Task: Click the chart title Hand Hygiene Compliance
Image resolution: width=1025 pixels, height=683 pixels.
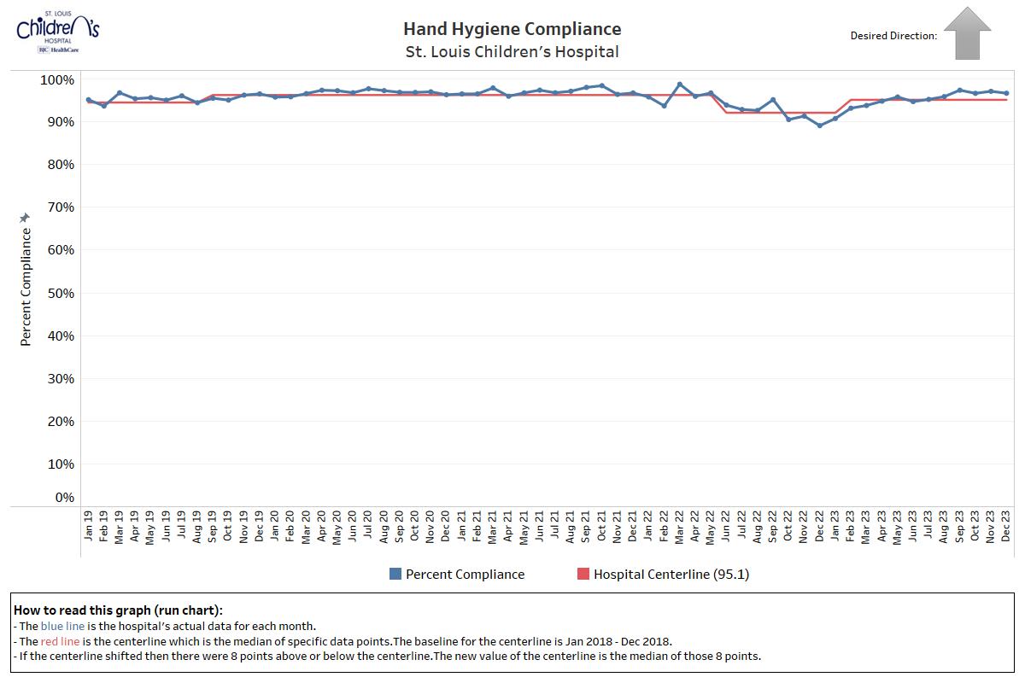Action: click(512, 29)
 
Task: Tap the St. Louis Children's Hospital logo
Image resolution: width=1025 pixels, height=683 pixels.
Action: click(57, 32)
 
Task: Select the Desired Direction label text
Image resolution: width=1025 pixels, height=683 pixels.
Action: click(893, 36)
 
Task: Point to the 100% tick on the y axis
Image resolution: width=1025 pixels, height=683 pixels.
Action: click(57, 79)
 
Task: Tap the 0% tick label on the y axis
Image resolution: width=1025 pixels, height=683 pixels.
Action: click(64, 498)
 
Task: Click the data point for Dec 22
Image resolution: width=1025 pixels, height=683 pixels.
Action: click(820, 126)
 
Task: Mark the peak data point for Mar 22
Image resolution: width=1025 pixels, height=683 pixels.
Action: click(680, 85)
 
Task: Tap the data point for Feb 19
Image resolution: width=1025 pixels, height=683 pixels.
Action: click(104, 106)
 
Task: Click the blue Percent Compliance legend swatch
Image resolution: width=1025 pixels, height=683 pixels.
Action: click(395, 575)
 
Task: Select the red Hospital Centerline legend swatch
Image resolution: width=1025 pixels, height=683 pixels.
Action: click(583, 575)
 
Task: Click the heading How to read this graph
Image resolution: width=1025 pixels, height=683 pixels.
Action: click(118, 610)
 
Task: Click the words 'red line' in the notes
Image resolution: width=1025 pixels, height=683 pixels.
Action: click(63, 641)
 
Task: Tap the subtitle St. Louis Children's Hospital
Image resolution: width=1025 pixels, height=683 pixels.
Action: click(512, 52)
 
